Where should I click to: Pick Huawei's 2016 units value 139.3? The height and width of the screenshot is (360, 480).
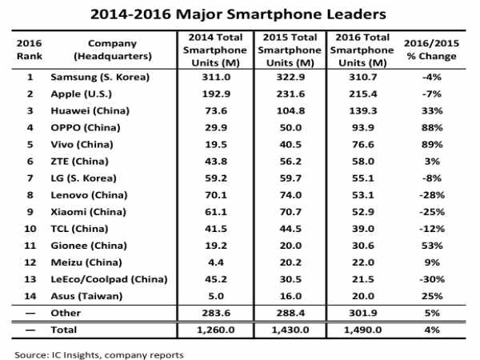click(x=362, y=110)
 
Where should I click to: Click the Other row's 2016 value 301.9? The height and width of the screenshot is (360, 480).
click(x=362, y=314)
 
